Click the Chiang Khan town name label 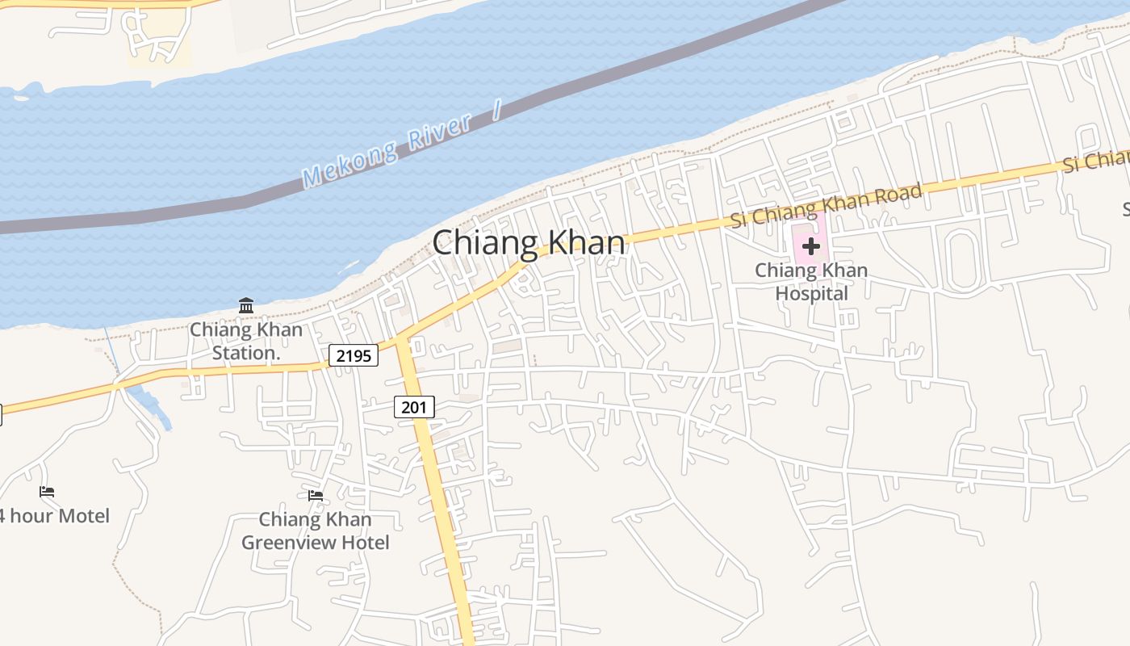529,243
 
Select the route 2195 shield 354,354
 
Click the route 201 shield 414,407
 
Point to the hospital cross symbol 811,246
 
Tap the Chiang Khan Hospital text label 811,282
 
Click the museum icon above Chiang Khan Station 246,305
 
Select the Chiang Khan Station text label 246,341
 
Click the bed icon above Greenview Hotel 316,495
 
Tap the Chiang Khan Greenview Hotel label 316,531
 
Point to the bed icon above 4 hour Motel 47,491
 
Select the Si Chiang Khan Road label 826,206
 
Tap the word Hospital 811,293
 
